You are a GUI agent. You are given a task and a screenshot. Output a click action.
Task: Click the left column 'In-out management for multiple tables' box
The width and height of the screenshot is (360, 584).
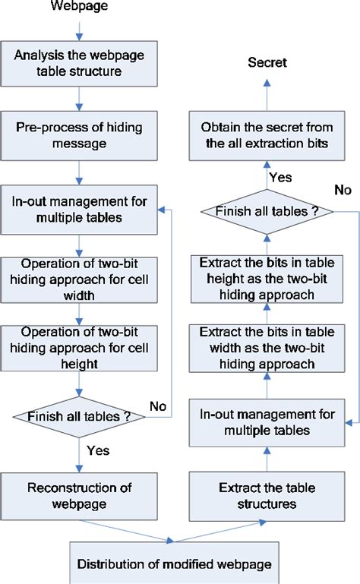(x=78, y=210)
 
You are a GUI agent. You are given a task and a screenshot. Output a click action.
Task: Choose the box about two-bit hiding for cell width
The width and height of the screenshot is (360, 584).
(x=78, y=279)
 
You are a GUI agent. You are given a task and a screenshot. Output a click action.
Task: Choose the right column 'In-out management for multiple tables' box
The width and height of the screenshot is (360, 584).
(x=267, y=421)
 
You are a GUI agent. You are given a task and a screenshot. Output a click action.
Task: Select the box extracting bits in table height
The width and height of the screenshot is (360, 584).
(x=267, y=279)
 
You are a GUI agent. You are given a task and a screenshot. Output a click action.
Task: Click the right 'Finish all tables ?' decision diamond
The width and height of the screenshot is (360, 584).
(x=267, y=212)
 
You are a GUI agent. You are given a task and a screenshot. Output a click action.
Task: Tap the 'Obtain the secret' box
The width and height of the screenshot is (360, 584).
(x=267, y=137)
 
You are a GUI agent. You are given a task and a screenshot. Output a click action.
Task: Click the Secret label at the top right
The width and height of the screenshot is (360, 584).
(x=267, y=62)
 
